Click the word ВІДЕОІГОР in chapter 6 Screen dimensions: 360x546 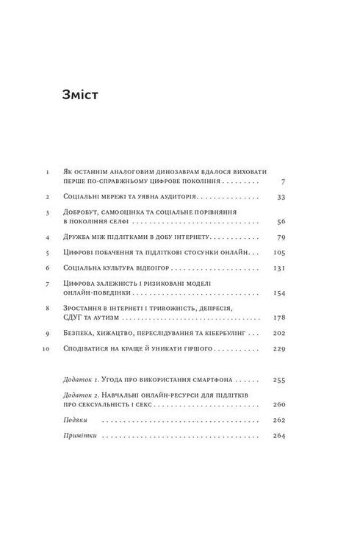click(x=140, y=267)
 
